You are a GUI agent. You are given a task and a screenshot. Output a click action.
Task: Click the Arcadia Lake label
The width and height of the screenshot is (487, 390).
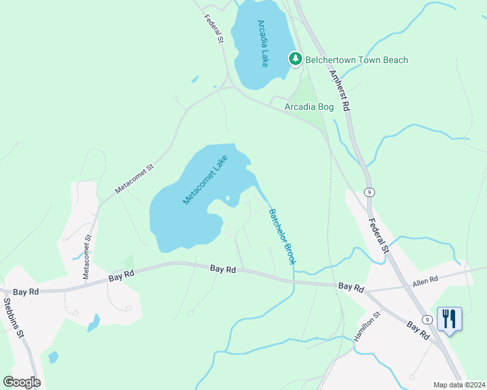coord(263,44)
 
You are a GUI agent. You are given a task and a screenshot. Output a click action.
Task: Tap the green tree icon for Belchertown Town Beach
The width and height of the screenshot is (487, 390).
coord(296,60)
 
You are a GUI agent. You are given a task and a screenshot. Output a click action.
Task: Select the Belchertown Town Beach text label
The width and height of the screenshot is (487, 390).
coord(357,60)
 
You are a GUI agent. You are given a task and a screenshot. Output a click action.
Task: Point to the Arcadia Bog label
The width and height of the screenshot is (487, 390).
coord(309,107)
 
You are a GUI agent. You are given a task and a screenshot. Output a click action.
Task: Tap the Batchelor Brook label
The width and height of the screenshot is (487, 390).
coord(282,236)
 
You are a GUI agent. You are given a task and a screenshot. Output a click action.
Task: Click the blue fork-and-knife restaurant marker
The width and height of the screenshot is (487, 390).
coord(449,320)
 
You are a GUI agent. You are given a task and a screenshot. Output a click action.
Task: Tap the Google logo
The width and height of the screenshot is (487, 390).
coord(21,382)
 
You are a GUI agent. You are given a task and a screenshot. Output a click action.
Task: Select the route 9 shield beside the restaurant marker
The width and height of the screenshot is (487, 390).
coord(427,319)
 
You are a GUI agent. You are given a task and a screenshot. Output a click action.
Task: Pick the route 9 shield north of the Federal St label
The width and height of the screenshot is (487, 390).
coord(369,192)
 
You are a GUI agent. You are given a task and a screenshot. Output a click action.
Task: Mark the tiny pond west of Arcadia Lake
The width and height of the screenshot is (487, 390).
coord(195,80)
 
